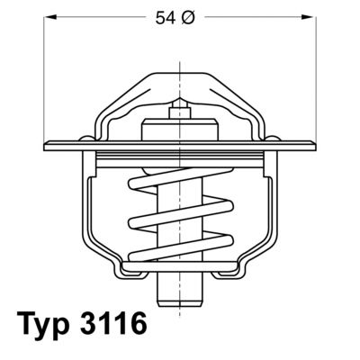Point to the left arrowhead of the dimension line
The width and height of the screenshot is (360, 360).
pyautogui.click(x=50, y=17)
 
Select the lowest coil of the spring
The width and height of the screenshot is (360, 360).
pyautogui.click(x=179, y=247)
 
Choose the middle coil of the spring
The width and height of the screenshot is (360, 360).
pyautogui.click(x=179, y=216)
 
